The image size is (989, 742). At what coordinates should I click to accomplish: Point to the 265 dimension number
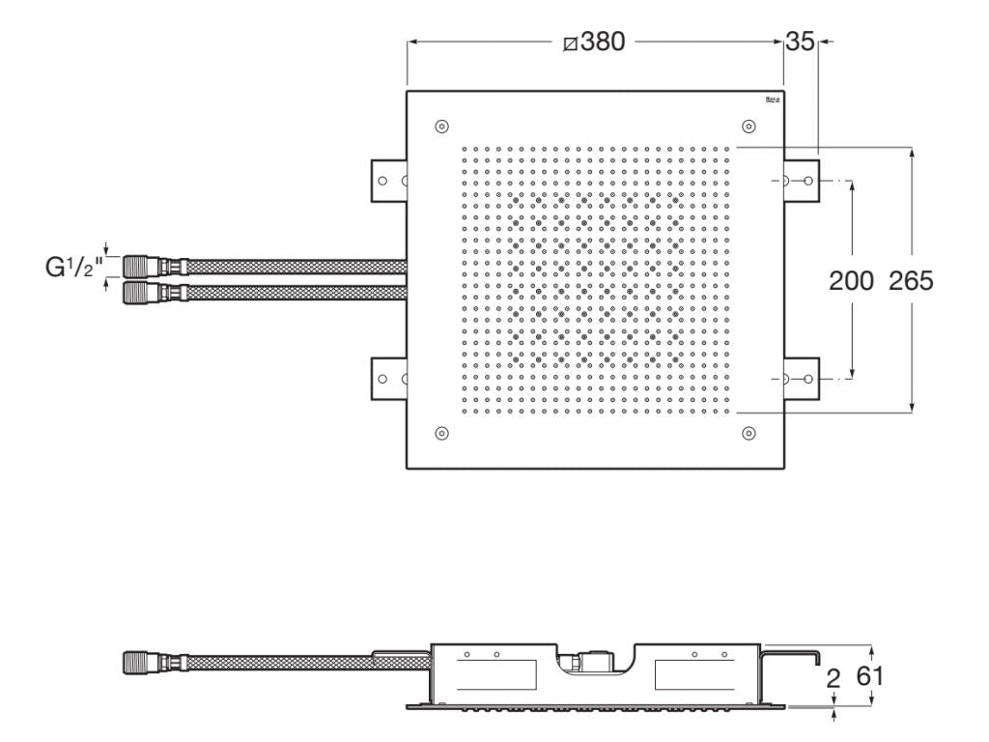[911, 280]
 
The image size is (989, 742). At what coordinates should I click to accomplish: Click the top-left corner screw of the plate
[441, 127]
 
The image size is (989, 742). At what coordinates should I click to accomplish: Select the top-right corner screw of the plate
[749, 127]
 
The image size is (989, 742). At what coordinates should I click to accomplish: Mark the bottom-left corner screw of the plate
[441, 432]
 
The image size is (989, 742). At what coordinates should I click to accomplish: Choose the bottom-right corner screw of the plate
[749, 432]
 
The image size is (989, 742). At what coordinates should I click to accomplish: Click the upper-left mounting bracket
[388, 181]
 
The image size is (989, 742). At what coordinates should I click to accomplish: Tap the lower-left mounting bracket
[388, 377]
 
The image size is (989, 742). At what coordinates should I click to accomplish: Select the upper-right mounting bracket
[801, 181]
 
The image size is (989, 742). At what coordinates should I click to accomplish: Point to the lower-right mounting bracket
[801, 377]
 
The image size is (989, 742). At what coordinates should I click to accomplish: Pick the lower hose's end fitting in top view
[143, 291]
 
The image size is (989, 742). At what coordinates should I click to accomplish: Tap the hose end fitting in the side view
[143, 664]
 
